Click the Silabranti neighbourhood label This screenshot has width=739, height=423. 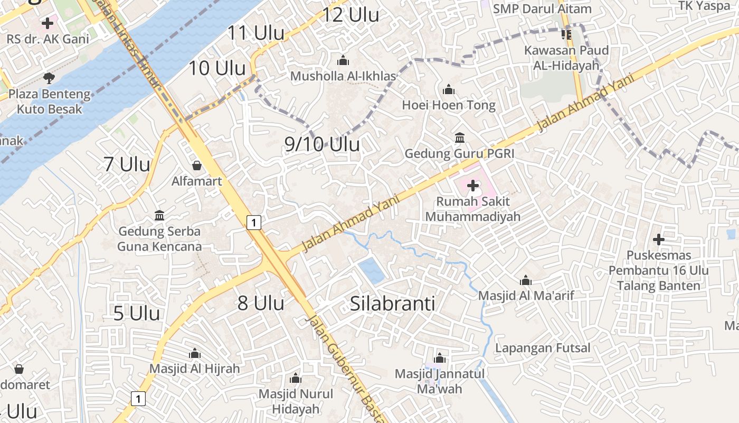pyautogui.click(x=393, y=304)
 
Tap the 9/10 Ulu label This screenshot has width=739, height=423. pyautogui.click(x=322, y=144)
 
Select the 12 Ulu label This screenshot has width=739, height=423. pyautogui.click(x=350, y=15)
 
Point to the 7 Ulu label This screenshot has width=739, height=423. pyautogui.click(x=127, y=164)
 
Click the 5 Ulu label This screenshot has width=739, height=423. pyautogui.click(x=137, y=313)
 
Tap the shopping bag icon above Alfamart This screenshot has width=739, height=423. pyautogui.click(x=197, y=165)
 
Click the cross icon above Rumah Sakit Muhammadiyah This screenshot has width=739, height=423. pyautogui.click(x=473, y=186)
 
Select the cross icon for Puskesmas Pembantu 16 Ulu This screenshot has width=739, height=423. pyautogui.click(x=658, y=240)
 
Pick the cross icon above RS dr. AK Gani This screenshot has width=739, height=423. pyautogui.click(x=48, y=23)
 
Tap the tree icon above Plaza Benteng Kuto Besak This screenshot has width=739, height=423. pyautogui.click(x=49, y=79)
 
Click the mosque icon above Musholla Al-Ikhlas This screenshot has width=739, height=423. pyautogui.click(x=343, y=60)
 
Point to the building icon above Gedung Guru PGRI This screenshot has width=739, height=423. pyautogui.click(x=459, y=137)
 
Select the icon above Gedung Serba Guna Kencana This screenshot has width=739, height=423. pyautogui.click(x=159, y=215)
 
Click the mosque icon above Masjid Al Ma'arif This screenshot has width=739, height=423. pyautogui.click(x=526, y=280)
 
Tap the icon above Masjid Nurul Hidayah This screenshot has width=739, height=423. pyautogui.click(x=296, y=378)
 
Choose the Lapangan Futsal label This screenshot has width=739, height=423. pyautogui.click(x=543, y=348)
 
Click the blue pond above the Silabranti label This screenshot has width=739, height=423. pyautogui.click(x=372, y=271)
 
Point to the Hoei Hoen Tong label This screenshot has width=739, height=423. pyautogui.click(x=449, y=105)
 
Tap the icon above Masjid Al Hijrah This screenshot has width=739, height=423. pyautogui.click(x=195, y=353)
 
